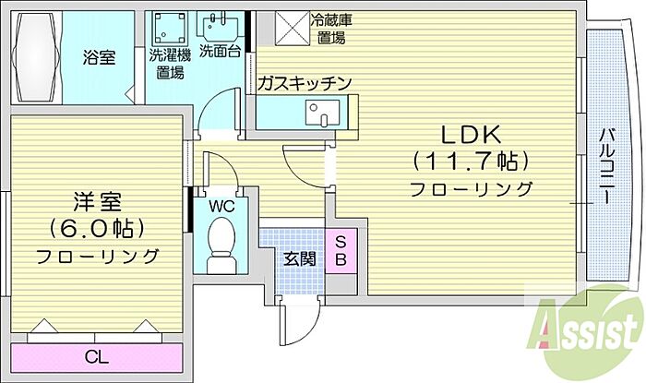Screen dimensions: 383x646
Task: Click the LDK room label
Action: coord(469,135)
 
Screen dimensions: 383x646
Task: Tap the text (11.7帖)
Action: coord(471,162)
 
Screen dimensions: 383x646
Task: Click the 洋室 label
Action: coord(95,200)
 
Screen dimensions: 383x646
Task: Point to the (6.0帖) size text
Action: coord(95,227)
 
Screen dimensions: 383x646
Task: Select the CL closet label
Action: coord(95,357)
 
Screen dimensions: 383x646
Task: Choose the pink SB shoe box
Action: coord(339,248)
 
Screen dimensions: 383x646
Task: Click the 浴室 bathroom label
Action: coord(98,56)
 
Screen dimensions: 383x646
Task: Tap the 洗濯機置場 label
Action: coord(171,60)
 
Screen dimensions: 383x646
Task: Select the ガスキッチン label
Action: coord(305,84)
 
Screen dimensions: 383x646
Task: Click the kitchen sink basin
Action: coord(326,115)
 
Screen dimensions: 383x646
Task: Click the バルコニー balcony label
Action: coord(608,166)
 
